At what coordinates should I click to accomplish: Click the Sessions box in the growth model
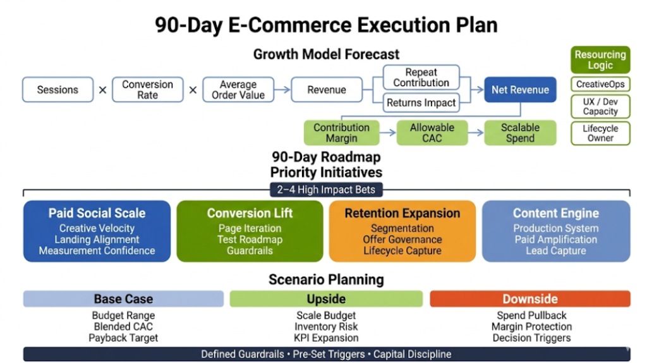point(57,90)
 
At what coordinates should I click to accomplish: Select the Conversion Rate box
point(147,90)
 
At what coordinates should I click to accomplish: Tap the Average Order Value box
point(238,90)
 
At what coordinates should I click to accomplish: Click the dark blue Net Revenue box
point(520,90)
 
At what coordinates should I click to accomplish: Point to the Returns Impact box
point(421,102)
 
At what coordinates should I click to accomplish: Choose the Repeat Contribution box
point(421,78)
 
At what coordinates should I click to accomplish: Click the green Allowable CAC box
point(432,133)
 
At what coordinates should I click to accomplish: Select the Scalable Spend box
point(520,133)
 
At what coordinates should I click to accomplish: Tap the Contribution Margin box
point(341,133)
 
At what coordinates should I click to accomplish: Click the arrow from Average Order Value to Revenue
point(282,90)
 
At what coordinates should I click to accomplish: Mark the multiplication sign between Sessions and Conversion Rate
point(102,90)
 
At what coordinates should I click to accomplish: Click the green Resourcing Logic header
point(600,60)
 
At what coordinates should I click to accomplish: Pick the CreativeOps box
point(600,84)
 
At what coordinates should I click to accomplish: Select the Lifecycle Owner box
point(600,133)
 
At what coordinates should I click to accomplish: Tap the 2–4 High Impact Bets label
point(326,190)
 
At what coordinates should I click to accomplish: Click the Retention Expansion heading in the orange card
point(402,213)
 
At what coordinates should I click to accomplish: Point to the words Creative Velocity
point(97,228)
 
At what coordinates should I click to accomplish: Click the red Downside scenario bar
point(529,298)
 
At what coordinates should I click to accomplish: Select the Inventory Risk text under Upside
point(326,327)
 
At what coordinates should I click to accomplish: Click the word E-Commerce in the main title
point(289,25)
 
